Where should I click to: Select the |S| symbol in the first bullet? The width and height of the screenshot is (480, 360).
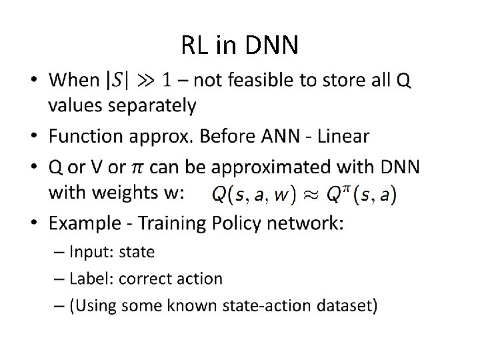(118, 81)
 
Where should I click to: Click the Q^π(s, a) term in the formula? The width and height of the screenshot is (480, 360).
(361, 195)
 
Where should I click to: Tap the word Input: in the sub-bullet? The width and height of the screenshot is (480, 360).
(91, 252)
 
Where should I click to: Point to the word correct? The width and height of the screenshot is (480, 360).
(137, 279)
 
